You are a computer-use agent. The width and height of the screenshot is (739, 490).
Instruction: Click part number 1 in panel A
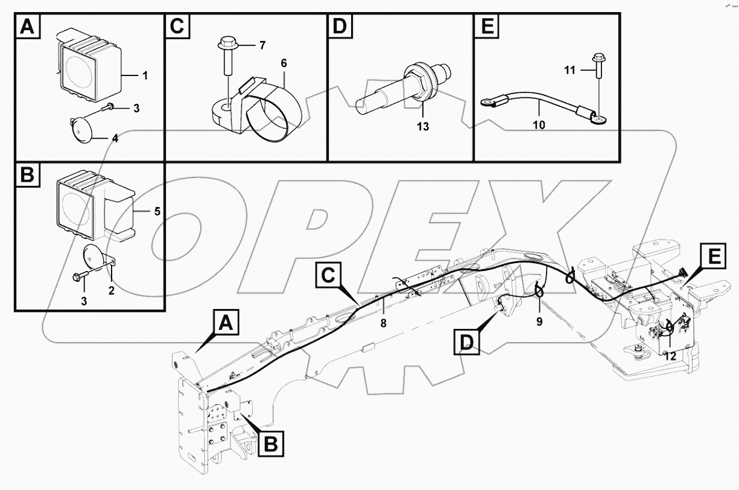(x=145, y=76)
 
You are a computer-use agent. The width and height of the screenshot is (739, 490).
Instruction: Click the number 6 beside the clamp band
(x=284, y=63)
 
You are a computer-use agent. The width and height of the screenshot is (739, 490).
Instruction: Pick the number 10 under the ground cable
(x=539, y=125)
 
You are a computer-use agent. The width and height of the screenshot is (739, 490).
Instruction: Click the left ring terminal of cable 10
(x=486, y=104)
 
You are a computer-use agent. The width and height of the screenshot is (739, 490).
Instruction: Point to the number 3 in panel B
(x=84, y=300)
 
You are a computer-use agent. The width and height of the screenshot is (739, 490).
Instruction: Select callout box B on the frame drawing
(x=271, y=445)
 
